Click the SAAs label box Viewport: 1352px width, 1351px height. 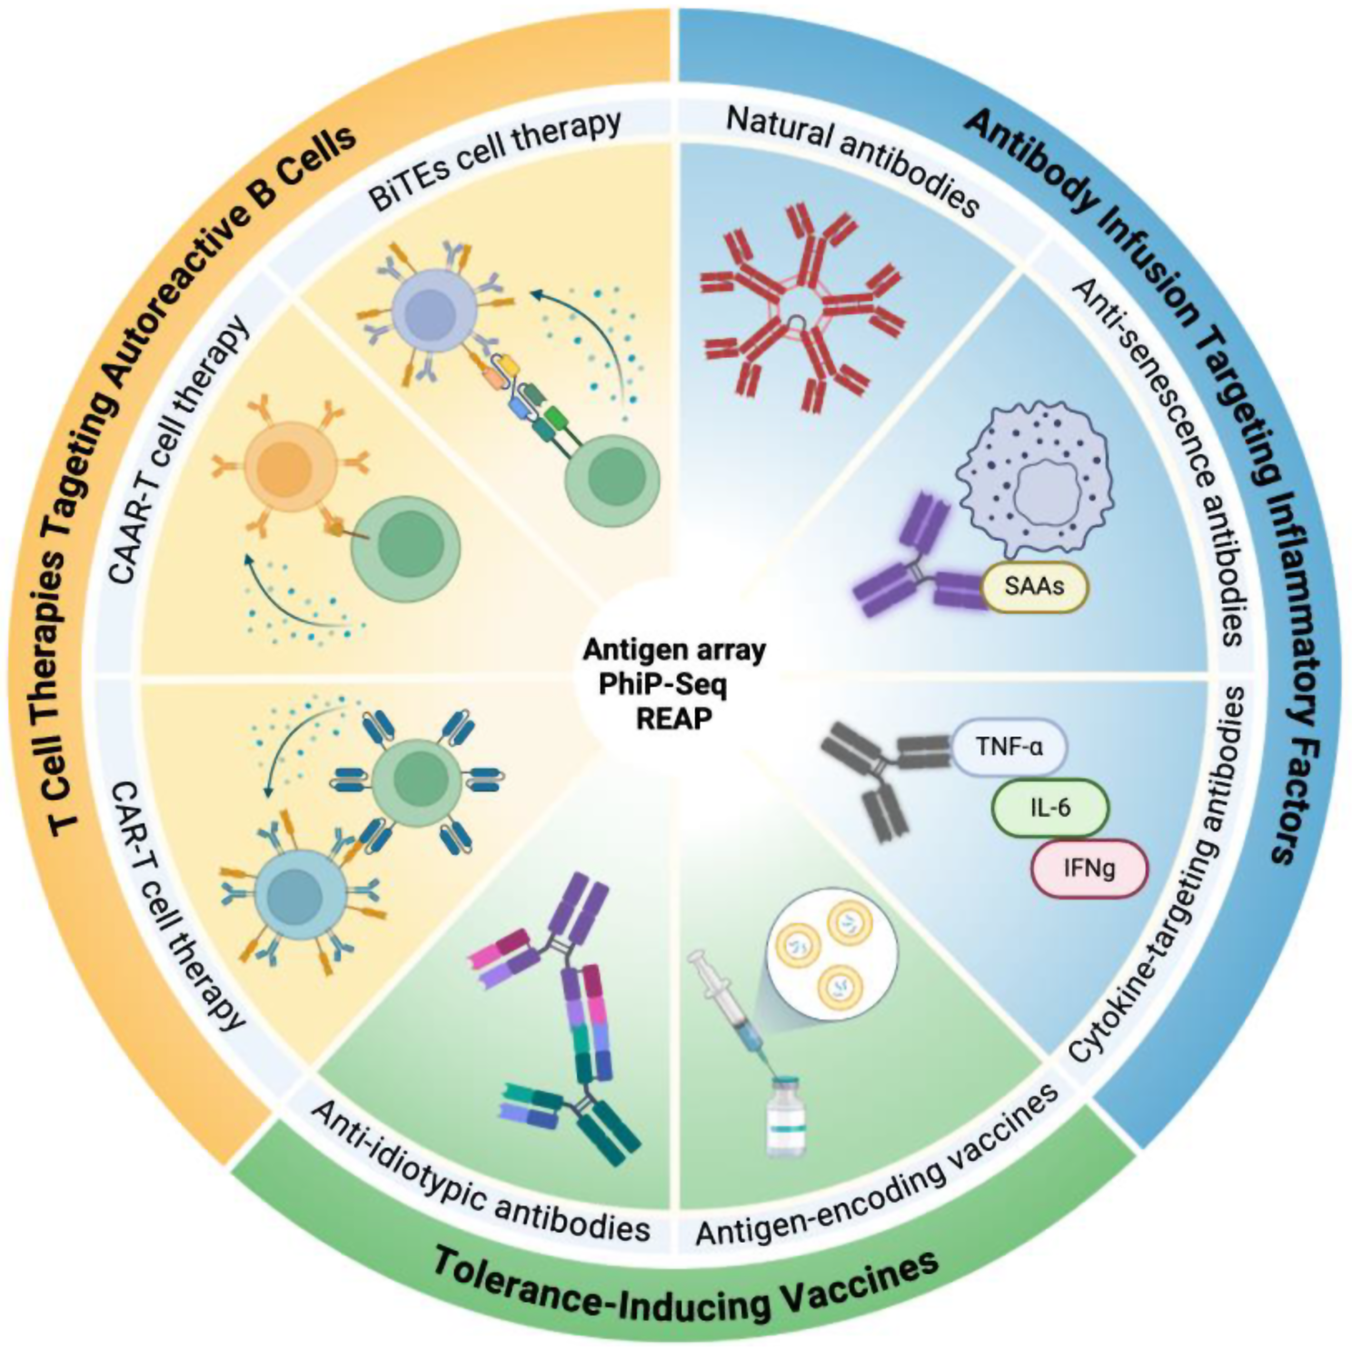pos(1034,586)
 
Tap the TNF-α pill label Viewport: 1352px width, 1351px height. pos(1009,748)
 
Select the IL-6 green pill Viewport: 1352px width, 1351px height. pos(1049,807)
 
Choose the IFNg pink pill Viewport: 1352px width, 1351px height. pos(1089,869)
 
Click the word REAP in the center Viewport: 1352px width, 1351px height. pos(673,719)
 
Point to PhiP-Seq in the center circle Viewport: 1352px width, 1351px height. pos(662,684)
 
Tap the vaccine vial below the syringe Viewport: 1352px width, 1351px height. pos(785,1117)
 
